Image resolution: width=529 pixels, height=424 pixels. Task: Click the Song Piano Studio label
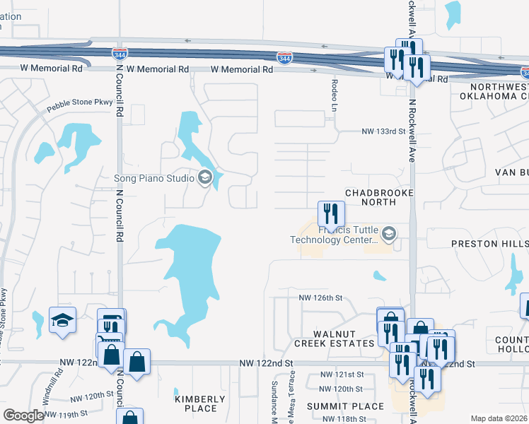click(x=153, y=178)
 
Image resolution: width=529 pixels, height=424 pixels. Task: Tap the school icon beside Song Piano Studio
click(x=205, y=177)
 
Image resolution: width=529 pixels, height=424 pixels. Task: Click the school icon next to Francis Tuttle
click(x=388, y=233)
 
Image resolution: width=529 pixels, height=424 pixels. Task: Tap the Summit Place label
click(x=345, y=406)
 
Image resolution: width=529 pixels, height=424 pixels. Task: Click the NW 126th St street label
click(x=320, y=298)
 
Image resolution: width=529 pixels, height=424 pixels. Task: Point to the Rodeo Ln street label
click(x=334, y=94)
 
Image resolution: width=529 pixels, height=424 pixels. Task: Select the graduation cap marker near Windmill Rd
click(x=62, y=319)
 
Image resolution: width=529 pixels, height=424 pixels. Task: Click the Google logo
click(x=23, y=416)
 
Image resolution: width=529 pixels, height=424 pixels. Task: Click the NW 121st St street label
click(x=342, y=375)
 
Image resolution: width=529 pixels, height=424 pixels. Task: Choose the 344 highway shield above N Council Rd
click(x=120, y=53)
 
